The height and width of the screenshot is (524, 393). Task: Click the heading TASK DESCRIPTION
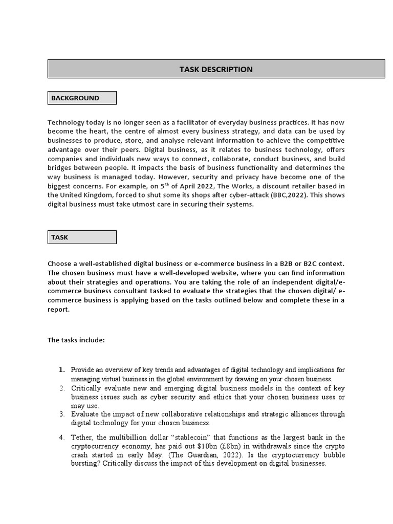[215, 69]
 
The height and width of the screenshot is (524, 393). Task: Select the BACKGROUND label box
[82, 98]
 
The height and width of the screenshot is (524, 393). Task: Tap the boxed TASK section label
[82, 237]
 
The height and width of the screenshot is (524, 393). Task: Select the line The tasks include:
[75, 340]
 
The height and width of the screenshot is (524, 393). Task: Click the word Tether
[82, 437]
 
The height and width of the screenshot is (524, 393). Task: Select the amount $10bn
[208, 446]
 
